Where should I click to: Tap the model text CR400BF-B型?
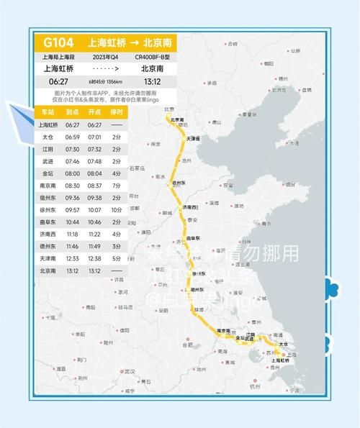pos(150,56)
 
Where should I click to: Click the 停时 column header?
pos(117,112)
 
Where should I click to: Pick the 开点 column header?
pos(94,112)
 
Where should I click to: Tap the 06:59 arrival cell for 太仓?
pos(72,137)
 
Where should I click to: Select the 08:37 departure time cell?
pos(94,186)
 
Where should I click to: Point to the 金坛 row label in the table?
pos(47,173)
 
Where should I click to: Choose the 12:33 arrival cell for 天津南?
pos(72,258)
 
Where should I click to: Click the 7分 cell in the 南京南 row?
pos(117,186)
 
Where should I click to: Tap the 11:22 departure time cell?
pos(94,235)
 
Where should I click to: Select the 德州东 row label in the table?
pos(47,247)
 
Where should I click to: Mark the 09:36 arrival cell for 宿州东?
pos(72,198)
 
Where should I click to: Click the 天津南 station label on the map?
pos(193,137)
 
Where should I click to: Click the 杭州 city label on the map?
pos(255,385)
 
